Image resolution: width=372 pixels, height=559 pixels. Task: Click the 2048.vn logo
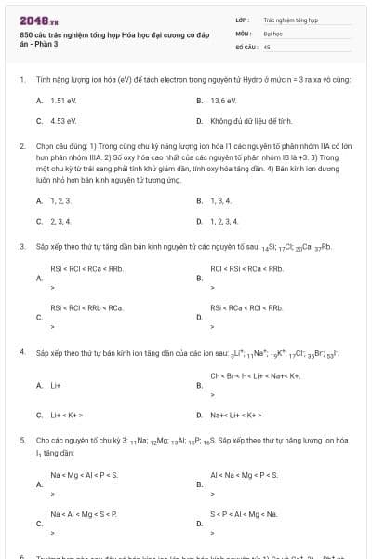(34, 20)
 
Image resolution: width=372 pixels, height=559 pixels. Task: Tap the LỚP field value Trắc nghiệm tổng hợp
(290, 19)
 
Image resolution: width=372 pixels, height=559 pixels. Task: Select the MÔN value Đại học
(272, 32)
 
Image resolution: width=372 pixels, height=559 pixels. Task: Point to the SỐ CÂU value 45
(267, 46)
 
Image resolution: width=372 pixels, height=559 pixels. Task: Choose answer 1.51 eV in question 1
(63, 100)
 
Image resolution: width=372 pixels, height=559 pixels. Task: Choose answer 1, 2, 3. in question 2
(60, 200)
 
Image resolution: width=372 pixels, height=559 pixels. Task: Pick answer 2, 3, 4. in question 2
(60, 221)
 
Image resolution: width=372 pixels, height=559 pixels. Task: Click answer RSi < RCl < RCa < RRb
(86, 268)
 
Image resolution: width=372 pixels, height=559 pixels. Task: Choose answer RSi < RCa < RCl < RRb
(246, 307)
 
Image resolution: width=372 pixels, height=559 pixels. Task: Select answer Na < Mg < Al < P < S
(84, 475)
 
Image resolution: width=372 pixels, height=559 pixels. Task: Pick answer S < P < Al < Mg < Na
(244, 514)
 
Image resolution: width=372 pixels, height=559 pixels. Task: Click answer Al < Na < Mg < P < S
(244, 475)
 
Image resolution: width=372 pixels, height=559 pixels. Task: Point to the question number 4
(21, 354)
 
